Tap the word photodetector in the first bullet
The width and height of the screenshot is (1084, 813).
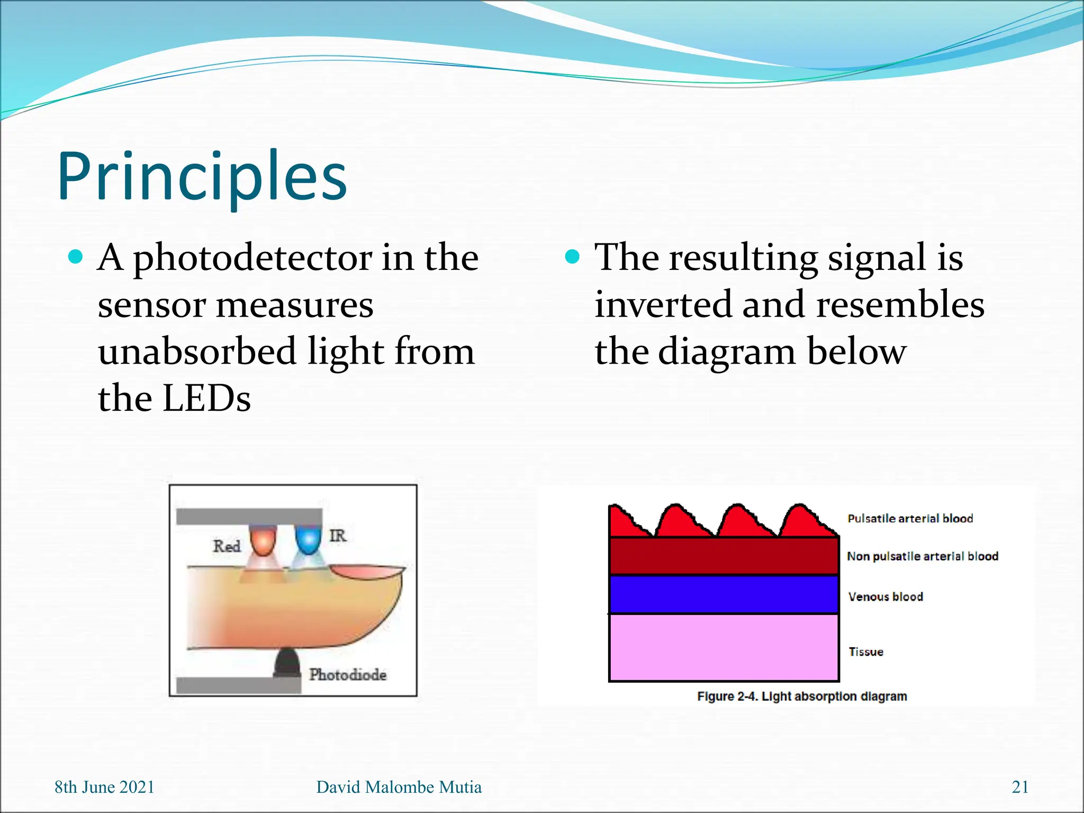click(x=252, y=258)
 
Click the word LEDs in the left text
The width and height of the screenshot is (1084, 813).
click(x=206, y=399)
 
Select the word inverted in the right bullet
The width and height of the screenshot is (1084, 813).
click(x=662, y=305)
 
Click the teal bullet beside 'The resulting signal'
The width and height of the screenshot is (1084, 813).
click(x=572, y=257)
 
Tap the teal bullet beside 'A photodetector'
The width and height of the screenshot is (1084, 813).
click(x=76, y=257)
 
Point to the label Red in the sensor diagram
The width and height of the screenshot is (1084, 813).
click(x=227, y=546)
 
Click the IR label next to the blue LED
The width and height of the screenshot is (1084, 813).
click(x=338, y=536)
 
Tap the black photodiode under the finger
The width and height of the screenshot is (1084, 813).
click(x=287, y=663)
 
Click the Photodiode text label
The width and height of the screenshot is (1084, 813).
click(x=348, y=675)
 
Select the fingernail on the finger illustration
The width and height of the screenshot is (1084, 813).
click(x=366, y=572)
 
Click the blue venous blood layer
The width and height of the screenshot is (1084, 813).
click(x=724, y=594)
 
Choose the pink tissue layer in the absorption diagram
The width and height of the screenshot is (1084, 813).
click(x=724, y=647)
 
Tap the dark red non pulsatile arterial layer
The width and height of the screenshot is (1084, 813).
click(x=724, y=556)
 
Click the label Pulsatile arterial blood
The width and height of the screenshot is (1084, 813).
click(x=910, y=519)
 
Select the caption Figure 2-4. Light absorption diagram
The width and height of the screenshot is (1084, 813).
click(x=801, y=697)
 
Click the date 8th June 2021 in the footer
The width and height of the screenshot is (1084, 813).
click(x=104, y=787)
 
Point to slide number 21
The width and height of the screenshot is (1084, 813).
click(x=1020, y=787)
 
